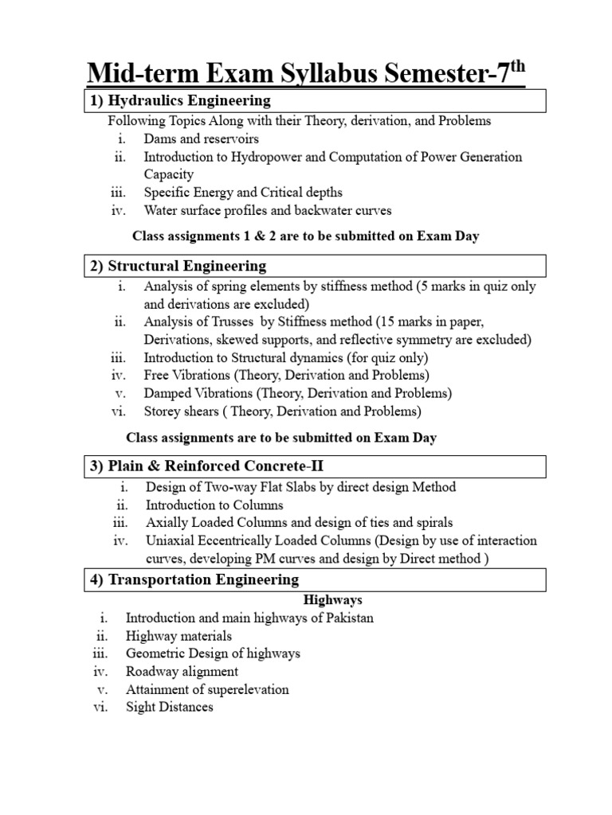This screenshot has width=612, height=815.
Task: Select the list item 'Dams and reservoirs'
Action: tap(201, 138)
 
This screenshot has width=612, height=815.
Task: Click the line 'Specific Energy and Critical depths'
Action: tap(243, 193)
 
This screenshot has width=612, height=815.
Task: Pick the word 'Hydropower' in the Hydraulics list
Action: tap(267, 157)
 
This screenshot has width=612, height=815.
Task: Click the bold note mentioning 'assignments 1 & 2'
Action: tap(305, 236)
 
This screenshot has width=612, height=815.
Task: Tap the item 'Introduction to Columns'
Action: tap(214, 505)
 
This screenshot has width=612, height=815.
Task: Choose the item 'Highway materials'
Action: tap(178, 636)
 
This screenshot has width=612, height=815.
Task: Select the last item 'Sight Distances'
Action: tap(169, 706)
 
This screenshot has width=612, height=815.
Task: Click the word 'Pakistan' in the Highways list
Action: tap(348, 618)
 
